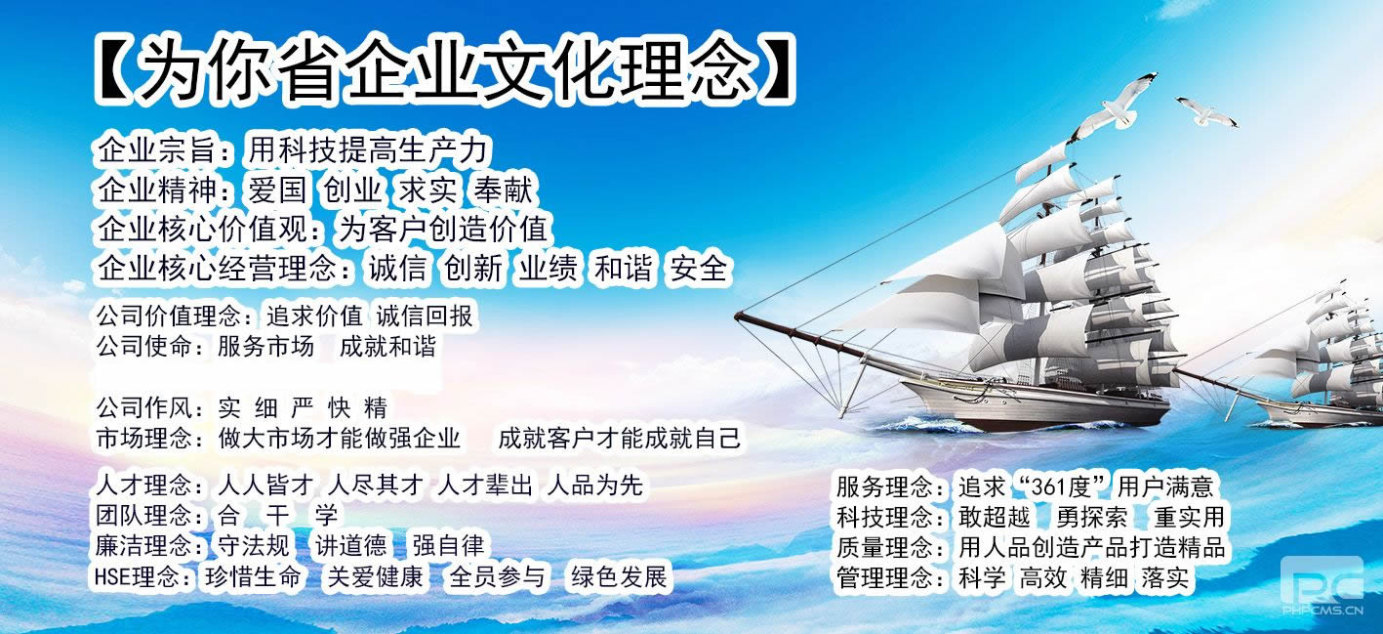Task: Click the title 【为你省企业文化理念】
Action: pyautogui.click(x=444, y=69)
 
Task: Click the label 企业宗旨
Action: pyautogui.click(x=157, y=150)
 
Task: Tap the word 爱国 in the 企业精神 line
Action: pyautogui.click(x=277, y=190)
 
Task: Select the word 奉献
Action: pyautogui.click(x=504, y=190)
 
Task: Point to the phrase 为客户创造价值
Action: pyautogui.click(x=443, y=229)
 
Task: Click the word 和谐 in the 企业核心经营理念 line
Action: pyautogui.click(x=623, y=269)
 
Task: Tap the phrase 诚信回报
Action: pyautogui.click(x=425, y=317)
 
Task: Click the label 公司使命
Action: pyautogui.click(x=143, y=347)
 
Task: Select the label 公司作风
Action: pyautogui.click(x=143, y=408)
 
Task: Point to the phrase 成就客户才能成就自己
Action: pyautogui.click(x=619, y=439)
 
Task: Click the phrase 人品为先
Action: pyautogui.click(x=595, y=486)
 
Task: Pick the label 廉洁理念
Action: pyautogui.click(x=143, y=546)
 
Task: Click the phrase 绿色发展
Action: pyautogui.click(x=619, y=576)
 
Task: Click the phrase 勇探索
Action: pyautogui.click(x=1091, y=517)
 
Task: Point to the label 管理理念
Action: pyautogui.click(x=885, y=578)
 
